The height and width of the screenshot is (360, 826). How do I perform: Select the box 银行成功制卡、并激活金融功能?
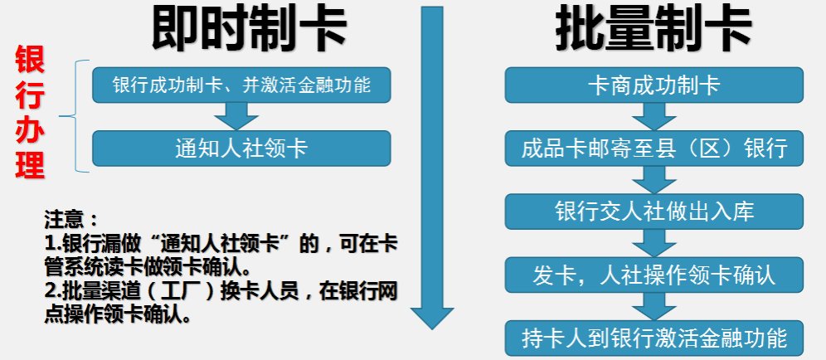pyautogui.click(x=242, y=85)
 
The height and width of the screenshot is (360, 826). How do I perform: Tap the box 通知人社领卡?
pyautogui.click(x=242, y=148)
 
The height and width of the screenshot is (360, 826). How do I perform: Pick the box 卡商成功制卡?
pyautogui.click(x=654, y=85)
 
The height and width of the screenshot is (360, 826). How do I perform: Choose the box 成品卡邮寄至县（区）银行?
pyautogui.click(x=654, y=148)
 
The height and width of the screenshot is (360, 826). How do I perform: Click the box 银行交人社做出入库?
pyautogui.click(x=654, y=212)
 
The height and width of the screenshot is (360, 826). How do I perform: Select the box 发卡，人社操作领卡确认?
pyautogui.click(x=654, y=275)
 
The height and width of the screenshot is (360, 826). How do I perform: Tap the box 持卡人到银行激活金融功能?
pyautogui.click(x=654, y=338)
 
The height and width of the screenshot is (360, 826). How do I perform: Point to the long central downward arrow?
pyautogui.click(x=432, y=168)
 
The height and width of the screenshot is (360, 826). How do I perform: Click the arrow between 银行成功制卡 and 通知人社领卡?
pyautogui.click(x=236, y=116)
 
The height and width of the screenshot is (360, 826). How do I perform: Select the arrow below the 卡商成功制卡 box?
pyautogui.click(x=654, y=116)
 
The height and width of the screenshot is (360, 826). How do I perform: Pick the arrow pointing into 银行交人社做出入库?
pyautogui.click(x=654, y=180)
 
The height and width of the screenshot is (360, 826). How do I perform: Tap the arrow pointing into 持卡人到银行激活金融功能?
pyautogui.click(x=654, y=306)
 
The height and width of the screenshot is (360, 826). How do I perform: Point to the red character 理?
pyautogui.click(x=30, y=164)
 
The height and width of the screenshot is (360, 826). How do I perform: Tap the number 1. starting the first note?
pyautogui.click(x=53, y=244)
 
